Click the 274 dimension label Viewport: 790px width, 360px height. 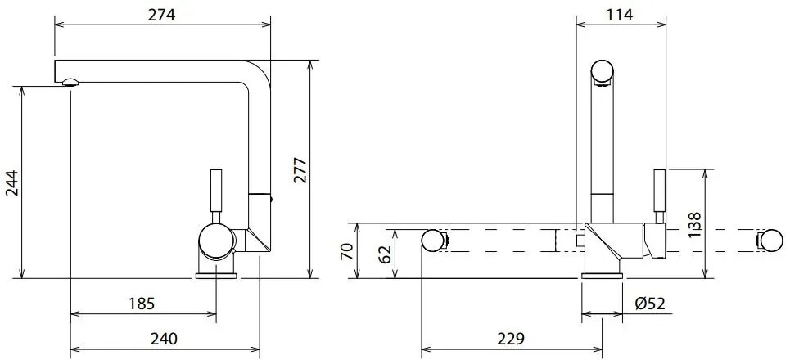coord(160,15)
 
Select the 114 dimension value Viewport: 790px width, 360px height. coord(619,15)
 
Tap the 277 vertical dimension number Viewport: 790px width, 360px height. coord(300,170)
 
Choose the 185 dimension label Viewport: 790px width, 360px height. coord(142,304)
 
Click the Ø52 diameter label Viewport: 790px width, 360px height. coord(650,304)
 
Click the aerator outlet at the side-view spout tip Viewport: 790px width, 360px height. coord(70,80)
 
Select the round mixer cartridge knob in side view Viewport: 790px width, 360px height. coord(216,243)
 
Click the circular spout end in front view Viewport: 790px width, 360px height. coord(603,72)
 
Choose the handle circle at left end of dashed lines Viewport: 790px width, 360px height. coord(433,241)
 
